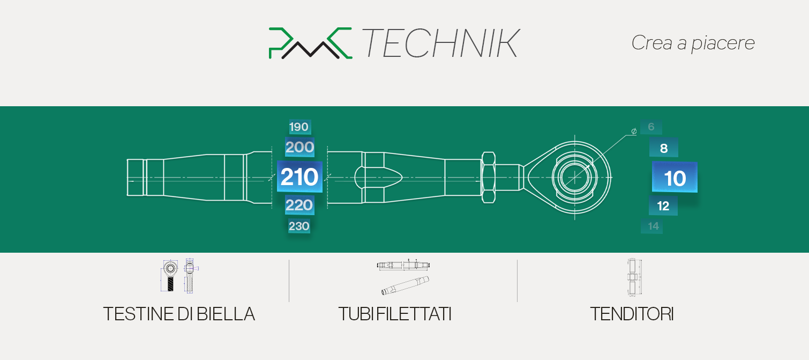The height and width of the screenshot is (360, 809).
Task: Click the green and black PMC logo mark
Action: [x=310, y=43]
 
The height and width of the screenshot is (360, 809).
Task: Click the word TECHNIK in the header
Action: [x=440, y=43]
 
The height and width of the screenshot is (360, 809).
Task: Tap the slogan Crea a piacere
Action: [x=693, y=43]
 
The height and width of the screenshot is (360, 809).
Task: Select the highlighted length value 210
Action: [x=299, y=177]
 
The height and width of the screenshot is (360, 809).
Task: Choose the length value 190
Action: [x=299, y=127]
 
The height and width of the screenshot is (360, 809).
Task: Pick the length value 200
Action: [x=299, y=147]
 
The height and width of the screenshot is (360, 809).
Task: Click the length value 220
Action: [x=299, y=205]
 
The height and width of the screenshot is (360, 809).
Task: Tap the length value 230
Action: [x=299, y=226]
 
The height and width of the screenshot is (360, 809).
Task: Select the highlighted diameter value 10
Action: [x=675, y=178]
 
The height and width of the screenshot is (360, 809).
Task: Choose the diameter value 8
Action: [x=663, y=148]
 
